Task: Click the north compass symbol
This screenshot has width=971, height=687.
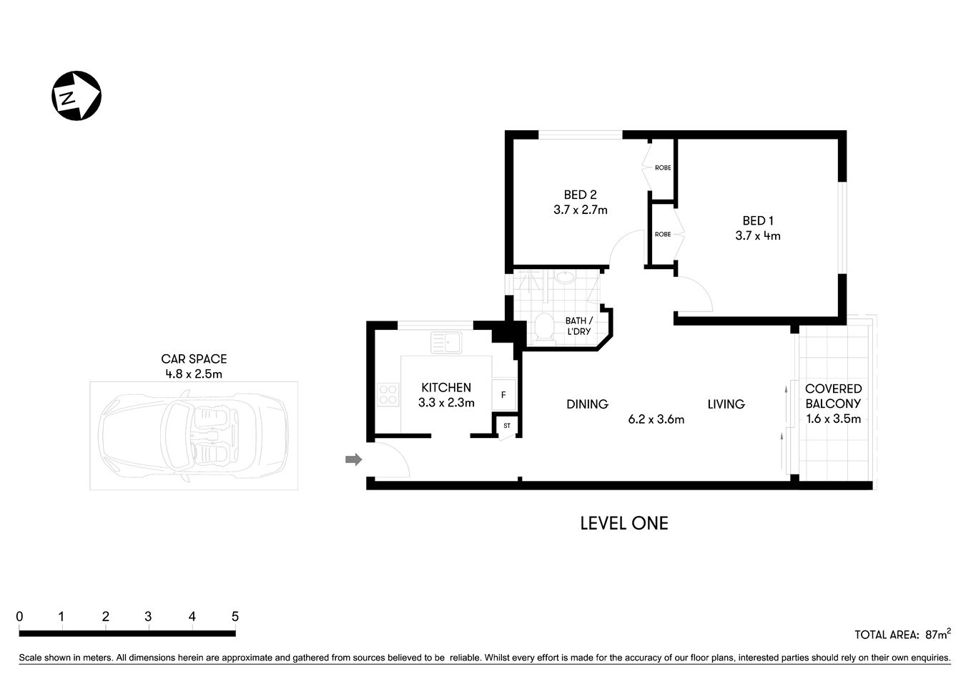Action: pos(77,96)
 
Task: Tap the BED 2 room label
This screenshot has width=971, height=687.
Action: pos(580,195)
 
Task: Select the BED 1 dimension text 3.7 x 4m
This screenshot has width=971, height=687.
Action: pos(757,235)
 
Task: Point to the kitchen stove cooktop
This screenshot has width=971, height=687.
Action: pos(388,394)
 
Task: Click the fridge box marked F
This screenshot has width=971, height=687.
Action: pos(503,394)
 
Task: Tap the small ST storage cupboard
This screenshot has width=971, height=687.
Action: pos(507,426)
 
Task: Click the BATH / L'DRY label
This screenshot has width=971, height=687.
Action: pos(578,326)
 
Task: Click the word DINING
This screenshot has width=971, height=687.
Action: pos(587,404)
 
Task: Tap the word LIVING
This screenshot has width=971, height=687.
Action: pos(726,404)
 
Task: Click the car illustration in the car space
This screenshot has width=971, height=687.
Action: pos(193,436)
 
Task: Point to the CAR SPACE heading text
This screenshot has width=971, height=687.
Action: pos(194,359)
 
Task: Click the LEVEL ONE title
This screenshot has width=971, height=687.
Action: pos(623,524)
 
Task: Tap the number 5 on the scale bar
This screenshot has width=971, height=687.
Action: pos(235,617)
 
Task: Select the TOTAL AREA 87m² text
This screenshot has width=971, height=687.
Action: pos(902,634)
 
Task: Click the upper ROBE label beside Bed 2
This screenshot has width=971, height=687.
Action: pos(663,168)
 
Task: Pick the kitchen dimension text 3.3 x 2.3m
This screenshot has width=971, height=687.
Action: pos(446,403)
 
